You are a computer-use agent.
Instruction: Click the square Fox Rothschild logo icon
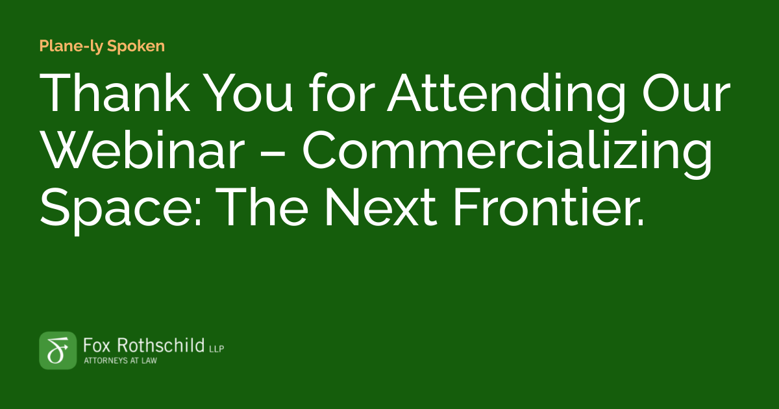(x=58, y=351)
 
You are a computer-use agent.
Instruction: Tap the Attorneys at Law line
(x=121, y=360)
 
